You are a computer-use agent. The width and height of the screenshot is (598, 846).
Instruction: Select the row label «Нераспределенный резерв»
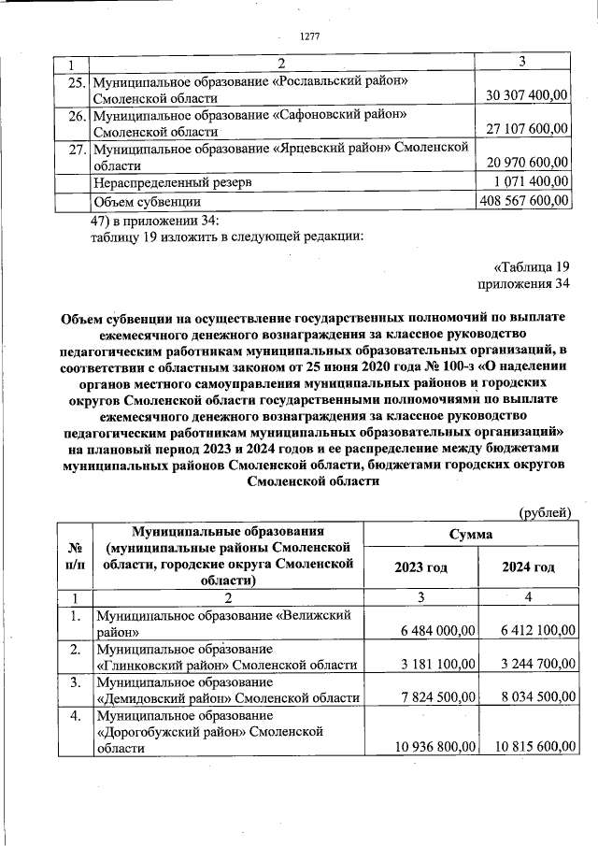click(x=170, y=182)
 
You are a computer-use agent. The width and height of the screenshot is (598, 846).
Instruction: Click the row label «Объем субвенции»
click(x=147, y=200)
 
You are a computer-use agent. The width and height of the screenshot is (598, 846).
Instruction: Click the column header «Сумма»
click(x=473, y=533)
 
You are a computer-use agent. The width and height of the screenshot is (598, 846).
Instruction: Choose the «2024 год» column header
click(x=528, y=567)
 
